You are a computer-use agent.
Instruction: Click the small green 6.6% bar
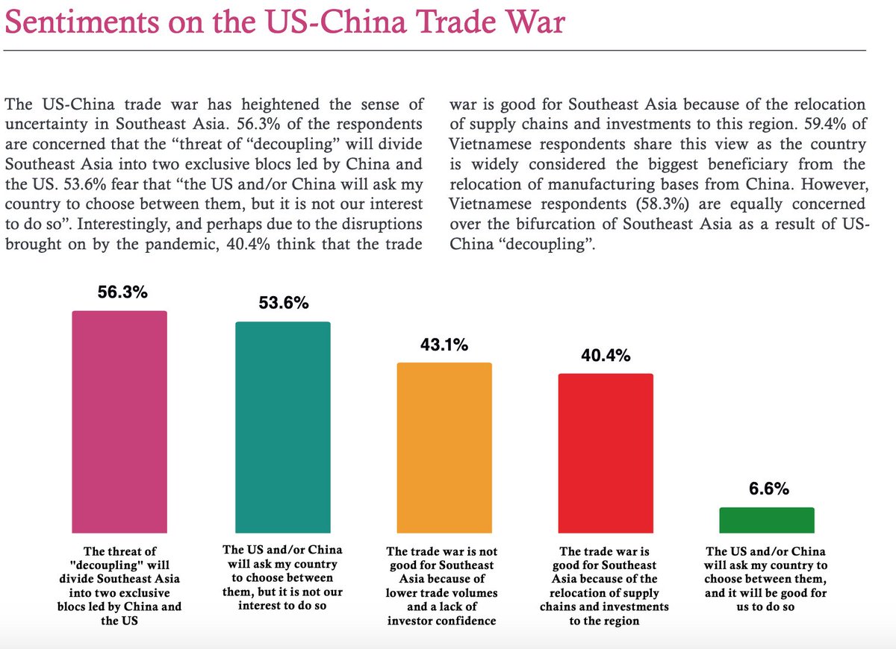click(766, 519)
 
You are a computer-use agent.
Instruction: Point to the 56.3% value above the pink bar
click(122, 292)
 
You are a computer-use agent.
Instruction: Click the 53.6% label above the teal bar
click(284, 304)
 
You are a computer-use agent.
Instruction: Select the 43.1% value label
click(444, 345)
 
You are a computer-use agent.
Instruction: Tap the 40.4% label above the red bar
click(606, 355)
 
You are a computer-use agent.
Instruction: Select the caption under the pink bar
click(120, 586)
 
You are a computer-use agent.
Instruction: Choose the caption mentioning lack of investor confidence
click(442, 586)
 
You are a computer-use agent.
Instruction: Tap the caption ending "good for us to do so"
click(765, 579)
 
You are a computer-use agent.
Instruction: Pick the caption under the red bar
click(605, 586)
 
